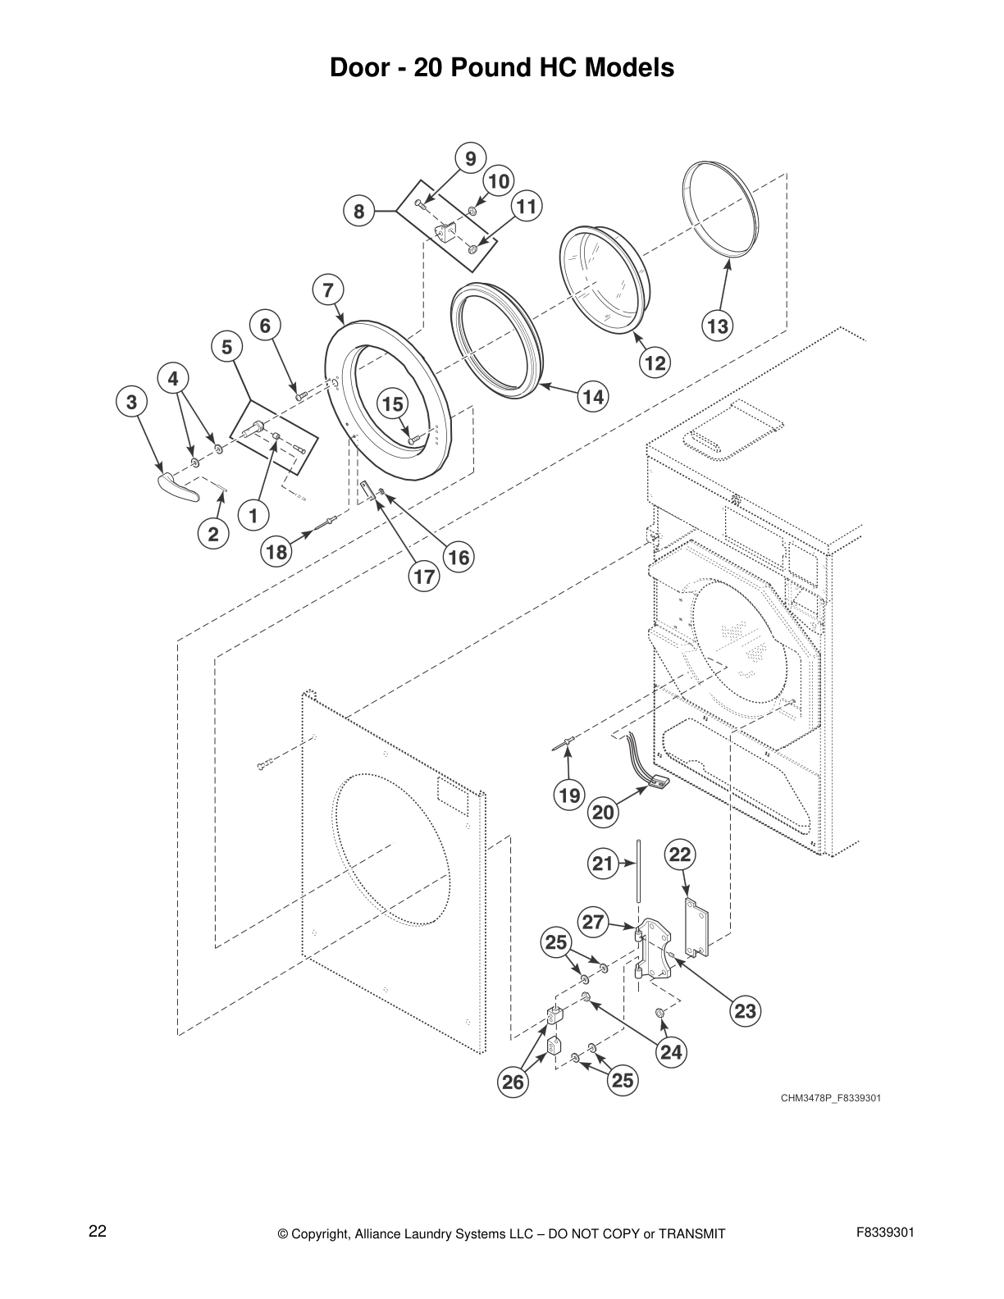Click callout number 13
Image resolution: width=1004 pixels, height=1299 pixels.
pyautogui.click(x=717, y=326)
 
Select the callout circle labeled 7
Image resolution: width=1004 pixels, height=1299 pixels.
pyautogui.click(x=328, y=289)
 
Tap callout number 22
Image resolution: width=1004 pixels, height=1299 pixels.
pyautogui.click(x=680, y=855)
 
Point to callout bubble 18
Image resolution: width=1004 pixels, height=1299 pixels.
pyautogui.click(x=277, y=552)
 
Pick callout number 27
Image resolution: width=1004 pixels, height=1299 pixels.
pyautogui.click(x=593, y=921)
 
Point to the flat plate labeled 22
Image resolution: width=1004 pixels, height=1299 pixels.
pyautogui.click(x=696, y=927)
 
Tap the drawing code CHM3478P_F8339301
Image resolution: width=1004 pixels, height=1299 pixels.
pyautogui.click(x=830, y=1098)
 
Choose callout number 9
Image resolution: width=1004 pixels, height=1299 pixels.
pyautogui.click(x=470, y=158)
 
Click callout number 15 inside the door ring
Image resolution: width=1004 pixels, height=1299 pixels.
pyautogui.click(x=393, y=403)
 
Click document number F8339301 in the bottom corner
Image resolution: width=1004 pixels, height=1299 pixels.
pyautogui.click(x=885, y=1233)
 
